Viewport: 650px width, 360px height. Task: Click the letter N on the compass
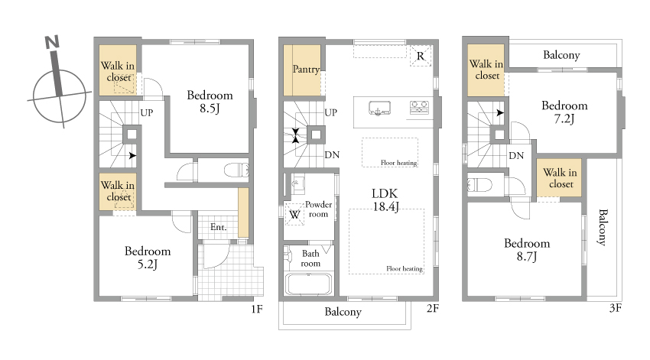click(x=52, y=42)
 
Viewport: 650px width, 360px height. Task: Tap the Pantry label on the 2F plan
click(x=306, y=70)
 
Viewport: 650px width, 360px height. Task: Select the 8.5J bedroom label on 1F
click(x=210, y=102)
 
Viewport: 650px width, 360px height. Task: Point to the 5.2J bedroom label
click(x=148, y=258)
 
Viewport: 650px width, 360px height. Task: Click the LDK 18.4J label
click(x=385, y=199)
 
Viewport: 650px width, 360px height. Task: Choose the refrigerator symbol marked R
click(x=421, y=56)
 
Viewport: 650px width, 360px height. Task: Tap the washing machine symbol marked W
click(x=294, y=215)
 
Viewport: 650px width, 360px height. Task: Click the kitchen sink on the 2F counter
click(x=379, y=108)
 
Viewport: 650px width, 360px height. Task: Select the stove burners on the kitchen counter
click(x=419, y=107)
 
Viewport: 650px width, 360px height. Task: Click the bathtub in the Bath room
click(x=309, y=284)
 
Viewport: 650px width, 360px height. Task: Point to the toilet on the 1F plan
click(x=236, y=170)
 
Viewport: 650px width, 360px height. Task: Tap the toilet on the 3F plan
click(x=480, y=184)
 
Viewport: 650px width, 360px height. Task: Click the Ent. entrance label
click(x=219, y=227)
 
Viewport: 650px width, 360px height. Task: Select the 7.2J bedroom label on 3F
click(x=564, y=112)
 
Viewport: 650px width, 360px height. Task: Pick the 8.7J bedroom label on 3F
click(x=527, y=250)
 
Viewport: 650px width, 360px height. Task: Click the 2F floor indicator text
click(x=432, y=308)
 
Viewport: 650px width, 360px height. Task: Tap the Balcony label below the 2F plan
click(x=343, y=312)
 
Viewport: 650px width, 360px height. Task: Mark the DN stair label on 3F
click(x=516, y=156)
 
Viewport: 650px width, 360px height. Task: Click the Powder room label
click(x=318, y=209)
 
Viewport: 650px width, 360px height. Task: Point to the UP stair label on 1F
click(x=146, y=112)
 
